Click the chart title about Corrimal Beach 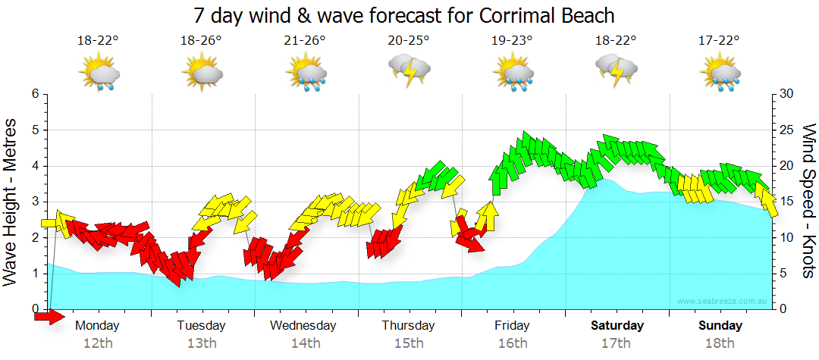pyautogui.click(x=403, y=15)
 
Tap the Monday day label pyautogui.click(x=97, y=326)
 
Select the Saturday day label pyautogui.click(x=617, y=326)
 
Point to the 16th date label pyautogui.click(x=513, y=343)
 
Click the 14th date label pyautogui.click(x=305, y=343)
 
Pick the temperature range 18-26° pyautogui.click(x=201, y=41)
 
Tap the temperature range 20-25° pyautogui.click(x=409, y=41)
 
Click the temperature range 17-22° pyautogui.click(x=719, y=41)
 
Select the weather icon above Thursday pyautogui.click(x=409, y=71)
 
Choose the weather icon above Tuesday pyautogui.click(x=202, y=74)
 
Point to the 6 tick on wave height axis pyautogui.click(x=35, y=94)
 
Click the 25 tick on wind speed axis pyautogui.click(x=786, y=130)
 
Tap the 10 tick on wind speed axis pyautogui.click(x=786, y=237)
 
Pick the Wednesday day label pyautogui.click(x=303, y=326)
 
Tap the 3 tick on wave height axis pyautogui.click(x=35, y=202)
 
